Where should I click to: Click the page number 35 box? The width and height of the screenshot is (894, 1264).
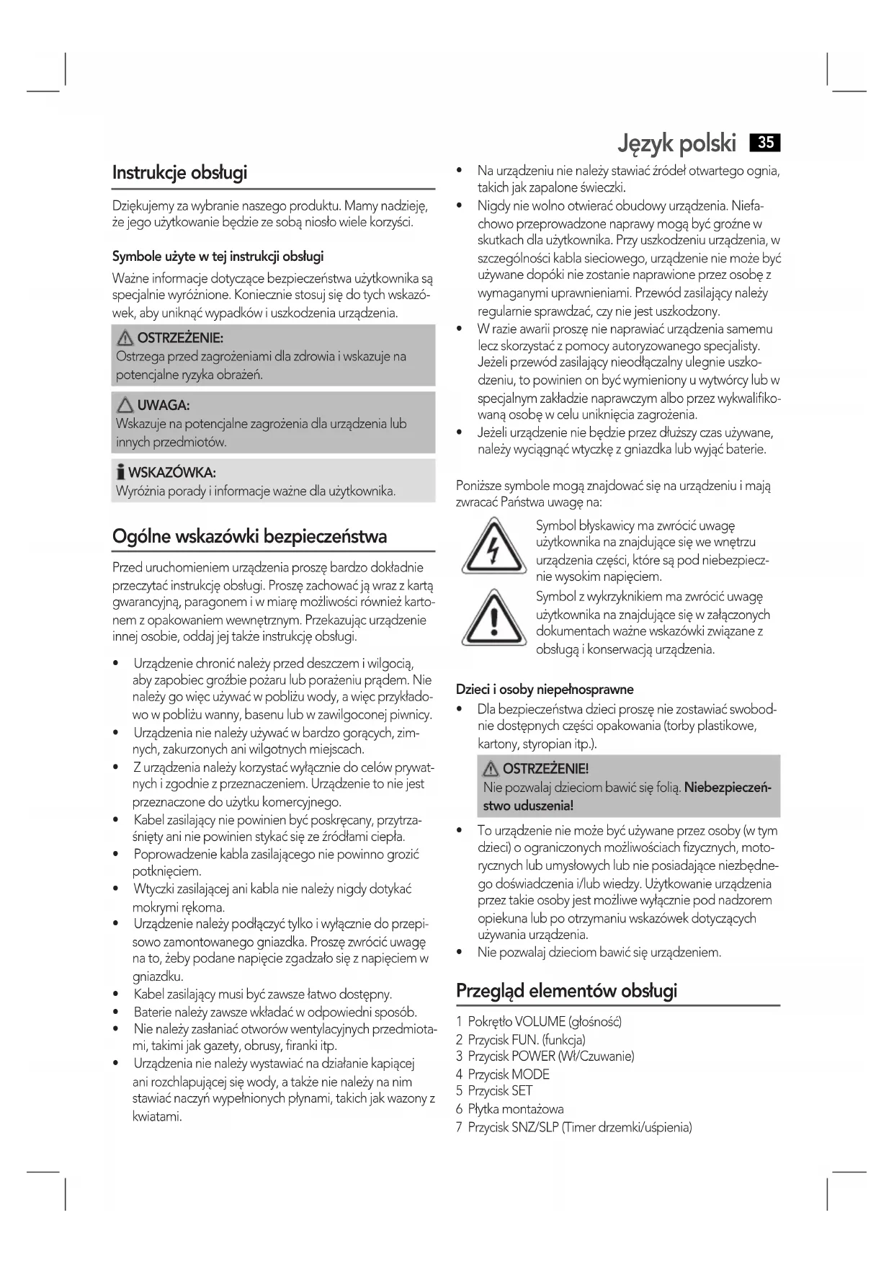point(765,143)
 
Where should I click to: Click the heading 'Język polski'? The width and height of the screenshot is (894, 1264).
point(676,143)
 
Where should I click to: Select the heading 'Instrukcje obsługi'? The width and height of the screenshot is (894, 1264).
point(179,173)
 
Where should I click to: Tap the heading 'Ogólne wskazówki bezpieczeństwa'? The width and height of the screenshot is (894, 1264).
point(249,536)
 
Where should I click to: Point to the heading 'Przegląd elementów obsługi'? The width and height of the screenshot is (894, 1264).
point(566,991)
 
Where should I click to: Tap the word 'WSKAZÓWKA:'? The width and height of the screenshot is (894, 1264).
point(171,473)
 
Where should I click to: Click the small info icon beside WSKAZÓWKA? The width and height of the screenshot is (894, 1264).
point(120,473)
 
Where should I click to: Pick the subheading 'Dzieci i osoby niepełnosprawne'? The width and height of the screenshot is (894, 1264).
point(545,690)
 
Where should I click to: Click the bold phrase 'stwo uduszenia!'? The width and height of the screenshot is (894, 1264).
point(528,805)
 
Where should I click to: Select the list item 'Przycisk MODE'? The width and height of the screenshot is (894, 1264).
point(508,1074)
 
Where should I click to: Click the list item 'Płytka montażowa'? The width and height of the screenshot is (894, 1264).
point(515,1109)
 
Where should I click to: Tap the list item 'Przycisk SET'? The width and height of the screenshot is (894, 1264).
point(499,1091)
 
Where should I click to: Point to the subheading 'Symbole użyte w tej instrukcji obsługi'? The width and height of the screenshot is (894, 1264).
point(218,257)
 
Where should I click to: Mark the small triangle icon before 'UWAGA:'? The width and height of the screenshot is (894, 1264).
point(126,406)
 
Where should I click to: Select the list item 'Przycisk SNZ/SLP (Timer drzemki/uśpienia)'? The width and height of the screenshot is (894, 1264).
point(579,1127)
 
